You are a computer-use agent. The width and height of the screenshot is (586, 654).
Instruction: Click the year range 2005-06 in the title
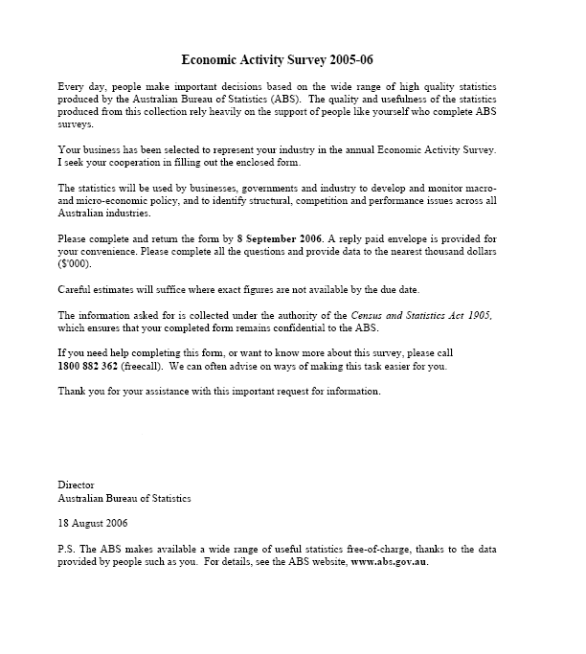(349, 59)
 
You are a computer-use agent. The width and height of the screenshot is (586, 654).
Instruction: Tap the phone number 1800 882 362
(93, 367)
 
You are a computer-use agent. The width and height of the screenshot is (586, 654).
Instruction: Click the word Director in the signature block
(77, 485)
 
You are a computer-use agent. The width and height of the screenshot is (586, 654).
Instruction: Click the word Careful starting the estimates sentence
(76, 289)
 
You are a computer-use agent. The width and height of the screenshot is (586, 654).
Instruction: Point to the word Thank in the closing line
(73, 391)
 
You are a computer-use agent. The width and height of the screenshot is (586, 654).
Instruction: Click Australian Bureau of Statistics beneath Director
(124, 498)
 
